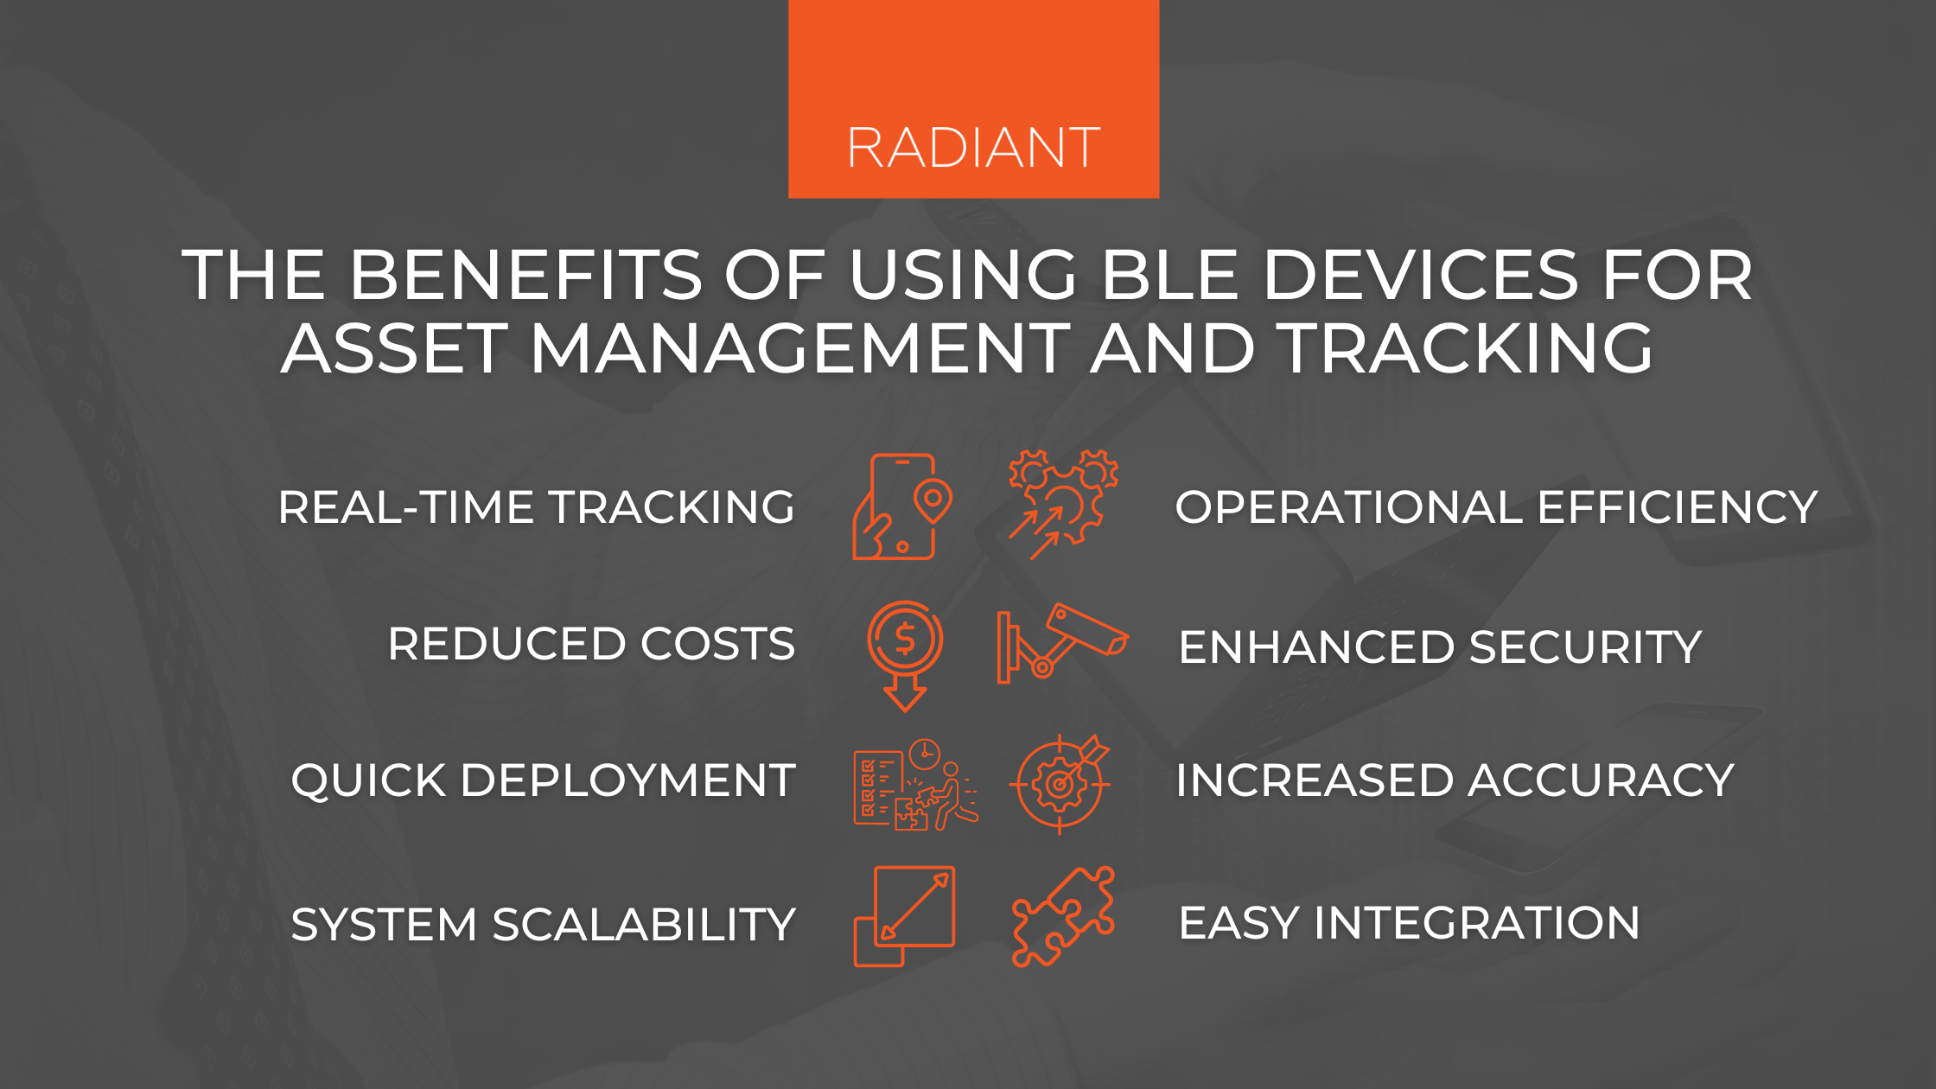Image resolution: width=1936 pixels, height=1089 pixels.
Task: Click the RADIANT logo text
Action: tap(973, 148)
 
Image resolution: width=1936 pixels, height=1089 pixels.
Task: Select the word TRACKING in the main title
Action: tap(1466, 348)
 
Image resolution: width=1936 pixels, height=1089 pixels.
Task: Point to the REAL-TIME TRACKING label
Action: tap(536, 507)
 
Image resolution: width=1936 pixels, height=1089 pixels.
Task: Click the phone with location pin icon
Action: tap(901, 507)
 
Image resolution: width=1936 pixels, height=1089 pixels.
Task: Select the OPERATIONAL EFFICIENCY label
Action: tap(1496, 507)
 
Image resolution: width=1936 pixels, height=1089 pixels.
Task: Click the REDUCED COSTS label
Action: tap(591, 644)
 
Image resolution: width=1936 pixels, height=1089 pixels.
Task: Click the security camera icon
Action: tap(1061, 644)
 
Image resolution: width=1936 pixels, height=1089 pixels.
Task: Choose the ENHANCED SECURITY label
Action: tap(1440, 647)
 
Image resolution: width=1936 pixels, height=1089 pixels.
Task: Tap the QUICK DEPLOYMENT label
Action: tap(543, 780)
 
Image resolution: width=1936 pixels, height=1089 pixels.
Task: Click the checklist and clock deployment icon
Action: tap(915, 785)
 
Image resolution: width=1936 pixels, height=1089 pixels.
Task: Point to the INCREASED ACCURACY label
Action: tap(1455, 780)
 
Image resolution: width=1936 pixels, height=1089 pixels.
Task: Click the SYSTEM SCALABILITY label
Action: tap(543, 924)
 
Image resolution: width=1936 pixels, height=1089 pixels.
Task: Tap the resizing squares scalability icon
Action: tap(905, 916)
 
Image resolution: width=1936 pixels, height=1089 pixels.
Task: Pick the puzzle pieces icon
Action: tap(1063, 916)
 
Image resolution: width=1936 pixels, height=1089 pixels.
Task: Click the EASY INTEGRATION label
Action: tap(1409, 923)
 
